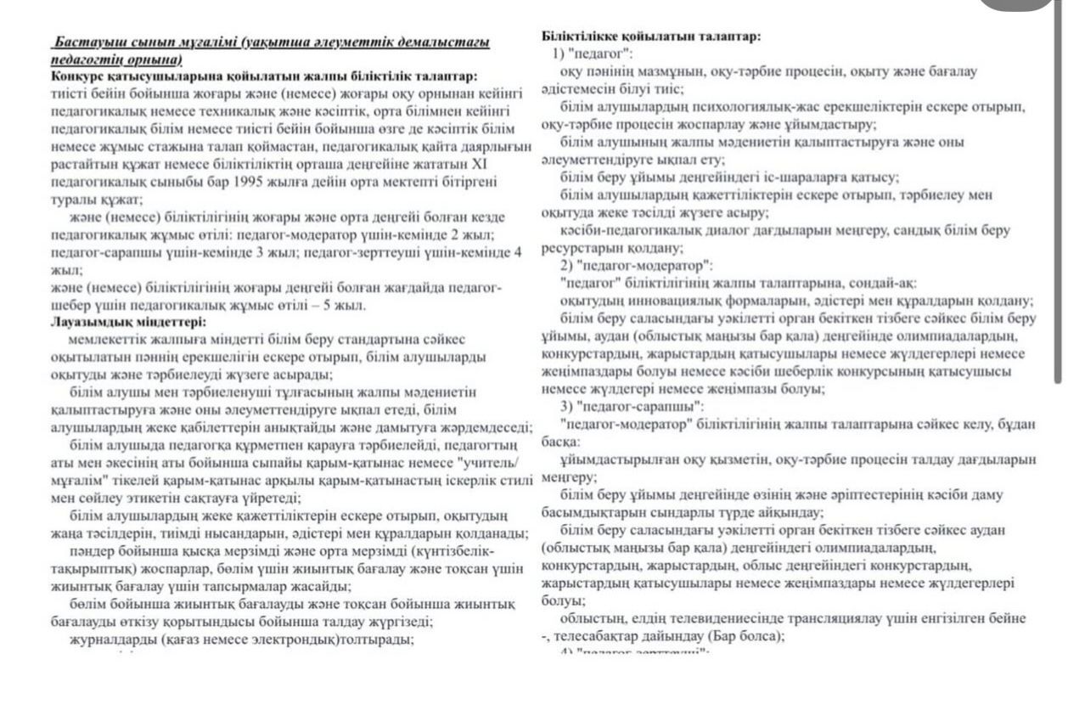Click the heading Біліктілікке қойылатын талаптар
650,37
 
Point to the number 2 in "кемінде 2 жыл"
459,235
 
